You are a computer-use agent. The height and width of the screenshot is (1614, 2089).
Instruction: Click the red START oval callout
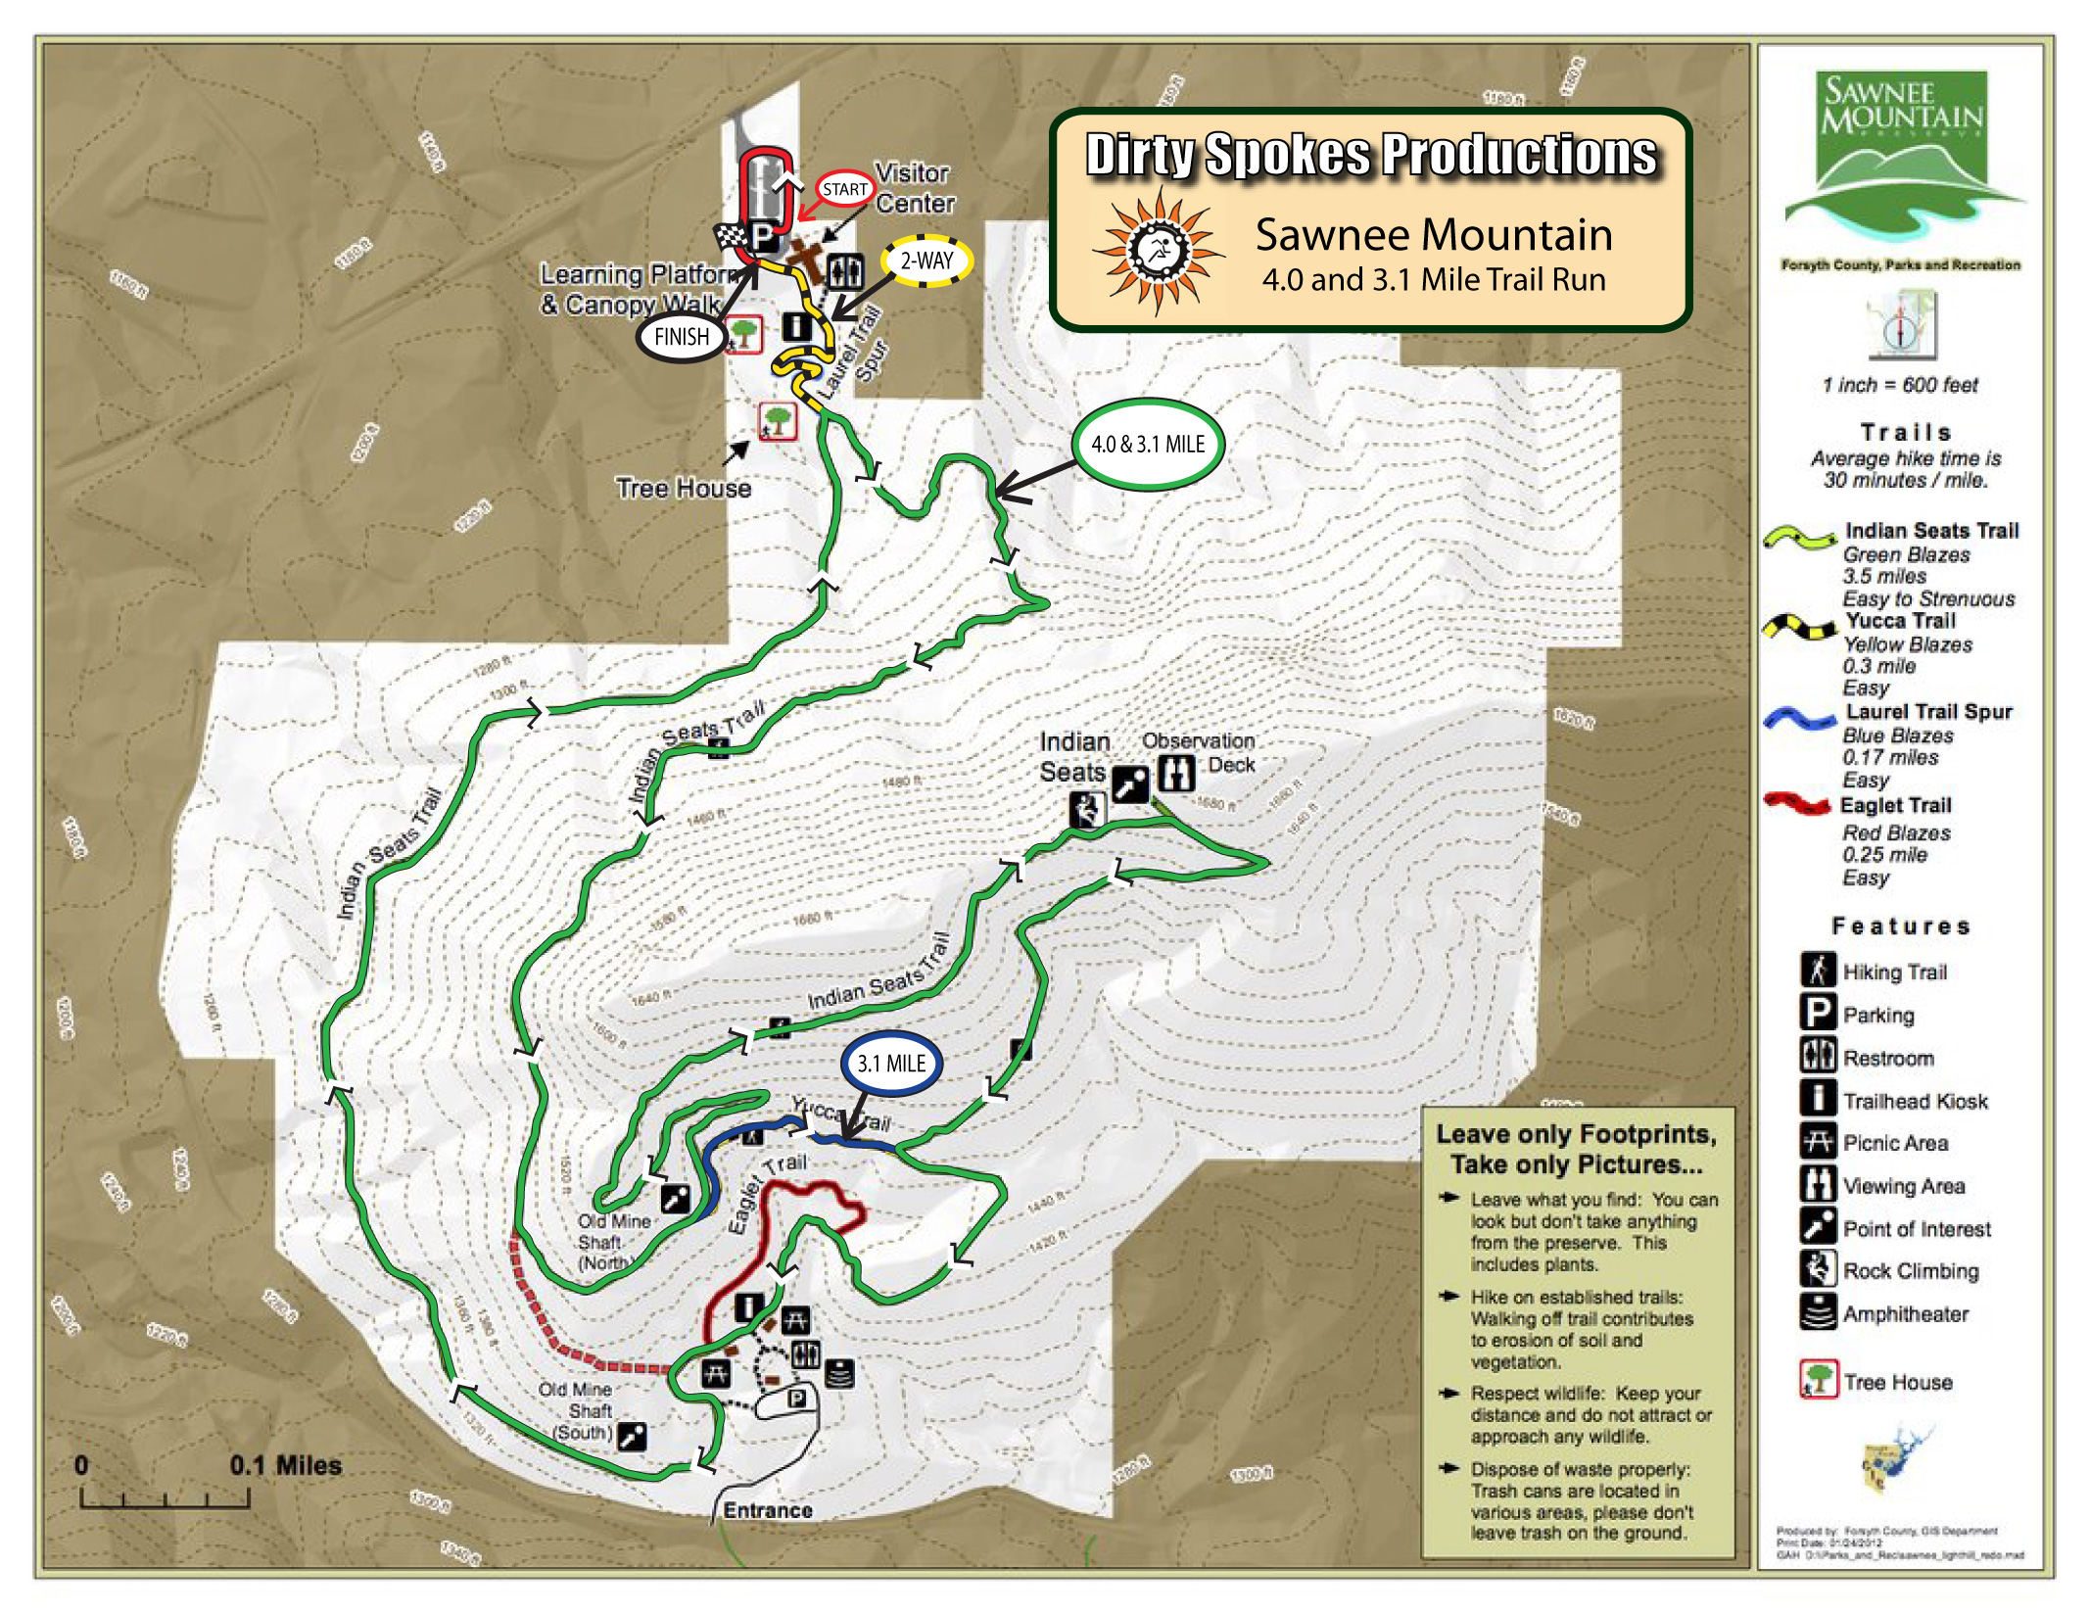point(844,189)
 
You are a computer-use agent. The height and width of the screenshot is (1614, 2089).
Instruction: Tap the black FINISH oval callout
point(681,337)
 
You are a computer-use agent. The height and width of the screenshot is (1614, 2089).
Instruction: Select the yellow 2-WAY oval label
point(926,261)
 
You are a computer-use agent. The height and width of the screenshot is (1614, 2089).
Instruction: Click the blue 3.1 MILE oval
point(890,1064)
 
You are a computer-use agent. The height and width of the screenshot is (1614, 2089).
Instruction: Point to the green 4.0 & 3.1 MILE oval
point(1148,444)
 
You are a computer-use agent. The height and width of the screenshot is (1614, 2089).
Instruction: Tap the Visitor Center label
point(913,188)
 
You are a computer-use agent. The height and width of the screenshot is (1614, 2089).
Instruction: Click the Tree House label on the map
point(683,488)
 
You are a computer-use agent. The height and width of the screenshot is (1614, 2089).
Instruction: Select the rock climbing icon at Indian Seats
point(1086,810)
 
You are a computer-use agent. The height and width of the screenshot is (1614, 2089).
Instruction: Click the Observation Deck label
point(1199,752)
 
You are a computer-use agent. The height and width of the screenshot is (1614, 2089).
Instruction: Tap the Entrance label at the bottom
point(767,1510)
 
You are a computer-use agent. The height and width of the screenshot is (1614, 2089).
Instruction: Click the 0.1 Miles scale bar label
point(285,1465)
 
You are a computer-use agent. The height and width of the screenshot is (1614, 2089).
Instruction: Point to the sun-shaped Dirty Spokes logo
point(1158,250)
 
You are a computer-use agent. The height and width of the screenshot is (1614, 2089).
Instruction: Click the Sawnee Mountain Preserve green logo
point(1903,157)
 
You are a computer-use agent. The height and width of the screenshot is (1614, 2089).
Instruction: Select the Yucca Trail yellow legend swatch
point(1799,627)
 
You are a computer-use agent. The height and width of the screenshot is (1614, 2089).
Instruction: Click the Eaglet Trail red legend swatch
point(1796,805)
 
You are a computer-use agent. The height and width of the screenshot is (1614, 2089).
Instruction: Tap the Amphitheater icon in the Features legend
point(1818,1312)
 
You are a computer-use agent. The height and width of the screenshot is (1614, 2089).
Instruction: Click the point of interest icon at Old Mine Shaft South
point(633,1436)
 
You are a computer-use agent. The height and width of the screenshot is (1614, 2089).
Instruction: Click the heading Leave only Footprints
point(1576,1134)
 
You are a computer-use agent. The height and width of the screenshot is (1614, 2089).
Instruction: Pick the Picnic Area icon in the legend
point(1818,1142)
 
